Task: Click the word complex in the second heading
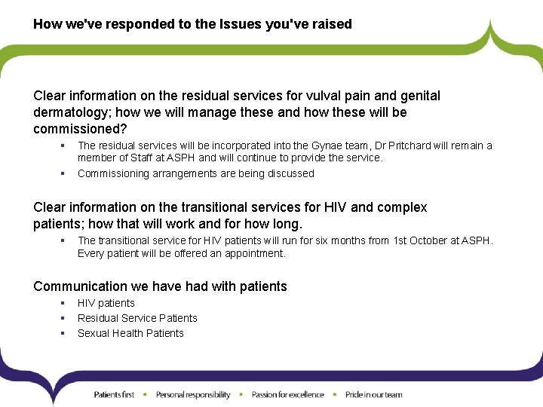[x=403, y=207]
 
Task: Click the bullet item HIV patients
[x=106, y=303]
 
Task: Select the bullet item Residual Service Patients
[x=137, y=318]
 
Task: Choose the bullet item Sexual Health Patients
[x=130, y=333]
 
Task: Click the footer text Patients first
[x=114, y=394]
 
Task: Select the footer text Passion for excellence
[x=287, y=394]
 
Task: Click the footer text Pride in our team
[x=373, y=394]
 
